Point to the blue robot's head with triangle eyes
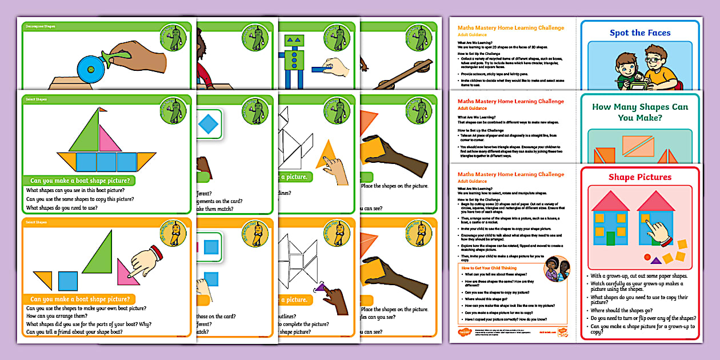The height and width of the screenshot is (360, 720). coord(295,41)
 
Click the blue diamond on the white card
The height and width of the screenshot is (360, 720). coord(208,123)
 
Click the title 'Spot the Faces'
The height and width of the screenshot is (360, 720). coord(639,33)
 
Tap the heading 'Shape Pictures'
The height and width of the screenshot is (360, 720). coord(639,177)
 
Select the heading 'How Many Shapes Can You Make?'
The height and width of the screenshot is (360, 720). coord(639,112)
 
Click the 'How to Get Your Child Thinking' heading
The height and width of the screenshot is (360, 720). coord(489,267)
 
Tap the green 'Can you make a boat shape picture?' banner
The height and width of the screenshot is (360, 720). coord(79,181)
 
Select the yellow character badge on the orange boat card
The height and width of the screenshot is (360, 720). coord(175,233)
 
